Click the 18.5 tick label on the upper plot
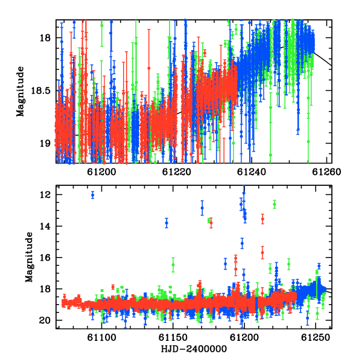point(40,91)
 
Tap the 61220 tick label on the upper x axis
point(177,172)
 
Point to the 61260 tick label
point(326,172)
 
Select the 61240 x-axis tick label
point(252,172)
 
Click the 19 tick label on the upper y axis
point(45,144)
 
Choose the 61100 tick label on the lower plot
point(101,338)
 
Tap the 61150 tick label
point(173,338)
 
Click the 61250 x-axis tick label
point(316,338)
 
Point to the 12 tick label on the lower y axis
point(45,195)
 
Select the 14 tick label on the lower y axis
point(45,226)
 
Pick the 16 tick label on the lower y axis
point(45,258)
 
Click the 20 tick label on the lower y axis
point(45,320)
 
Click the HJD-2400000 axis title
point(194,349)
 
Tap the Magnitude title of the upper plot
point(21,92)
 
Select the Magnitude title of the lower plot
point(29,257)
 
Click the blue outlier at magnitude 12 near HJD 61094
point(93,195)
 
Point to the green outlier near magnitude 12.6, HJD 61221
point(275,204)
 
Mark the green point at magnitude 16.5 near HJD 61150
point(173,265)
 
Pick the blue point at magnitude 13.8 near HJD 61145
point(167,223)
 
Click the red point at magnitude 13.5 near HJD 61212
point(262,219)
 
